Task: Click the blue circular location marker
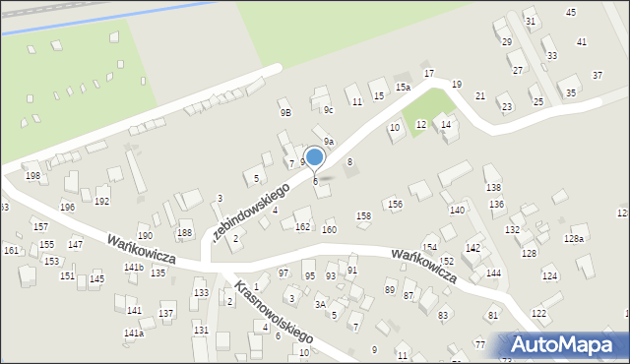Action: click(x=315, y=156)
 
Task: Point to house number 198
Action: click(x=32, y=176)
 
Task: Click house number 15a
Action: click(x=403, y=88)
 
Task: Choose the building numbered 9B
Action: click(x=284, y=113)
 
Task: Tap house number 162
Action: click(x=302, y=227)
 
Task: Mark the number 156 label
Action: click(x=395, y=205)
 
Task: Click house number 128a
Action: click(x=573, y=239)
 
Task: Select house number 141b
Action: click(x=133, y=268)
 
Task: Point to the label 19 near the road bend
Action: click(x=456, y=85)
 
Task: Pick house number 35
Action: click(x=571, y=93)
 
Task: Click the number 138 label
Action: click(x=492, y=187)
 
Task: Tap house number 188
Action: click(x=184, y=233)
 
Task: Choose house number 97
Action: click(x=283, y=273)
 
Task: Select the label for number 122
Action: click(x=538, y=313)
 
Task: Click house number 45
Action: click(x=571, y=12)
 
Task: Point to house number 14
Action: click(x=446, y=125)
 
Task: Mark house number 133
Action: click(x=201, y=293)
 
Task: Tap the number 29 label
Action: click(x=506, y=42)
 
